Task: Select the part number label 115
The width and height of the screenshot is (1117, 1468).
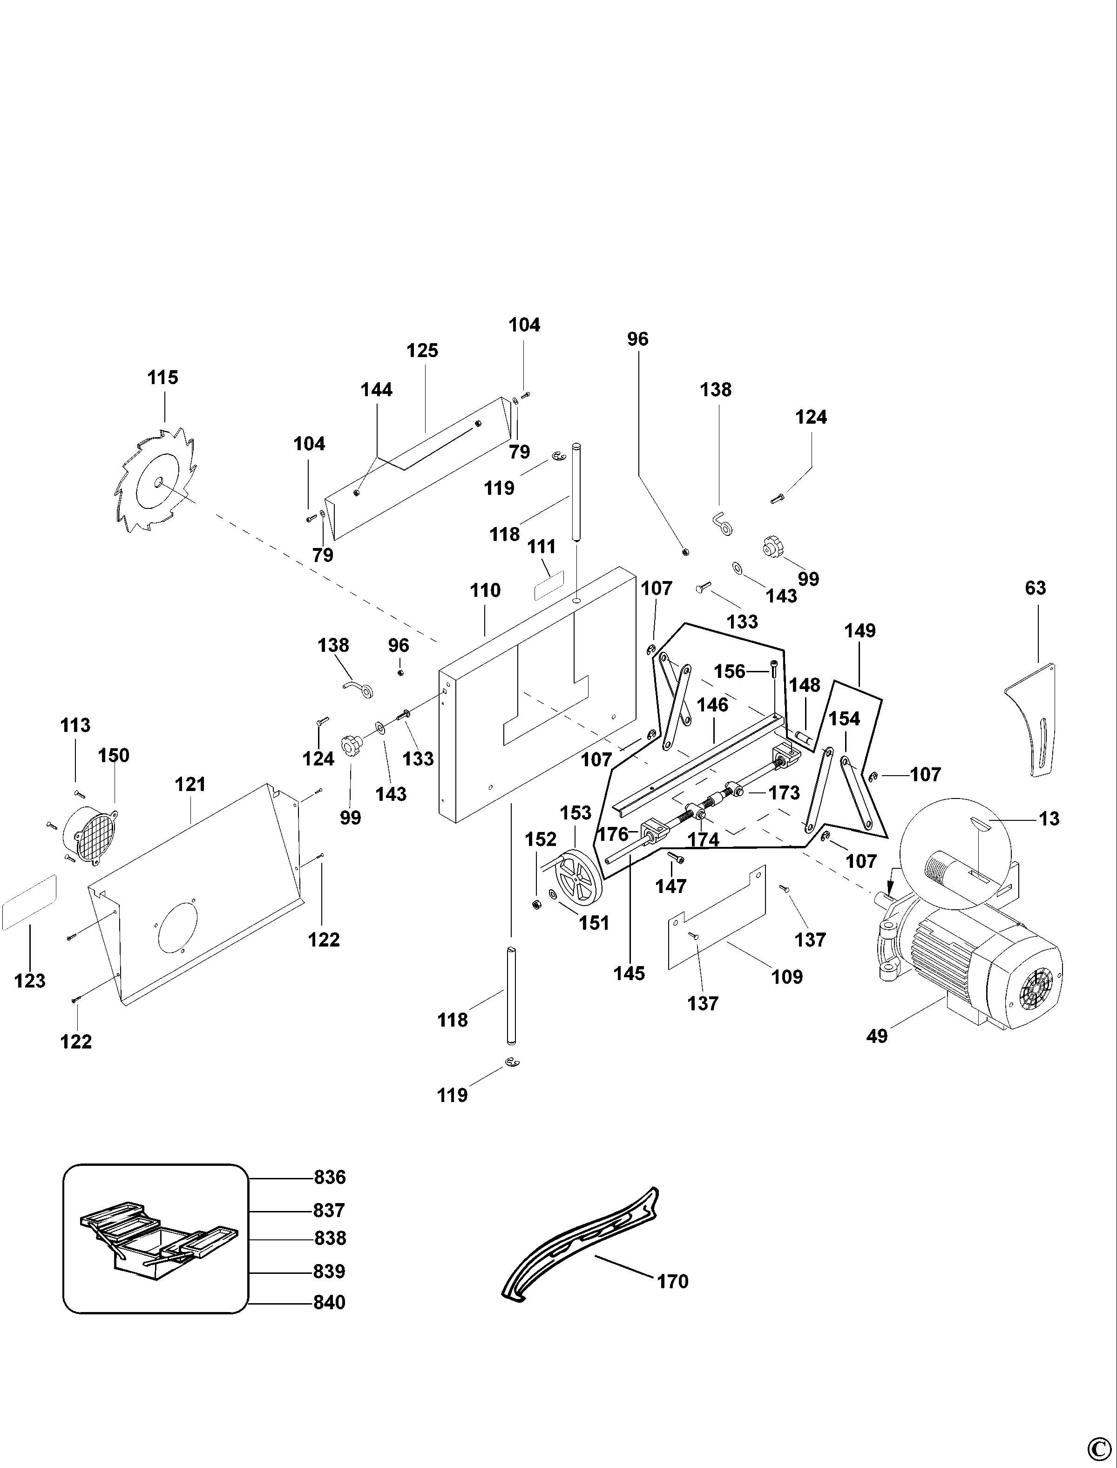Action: (163, 378)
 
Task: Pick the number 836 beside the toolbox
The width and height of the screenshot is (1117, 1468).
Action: (330, 1177)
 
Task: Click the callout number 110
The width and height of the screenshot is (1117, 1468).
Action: (485, 590)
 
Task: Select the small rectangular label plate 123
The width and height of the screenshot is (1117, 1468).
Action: (29, 903)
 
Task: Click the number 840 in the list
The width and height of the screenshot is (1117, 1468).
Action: (330, 1302)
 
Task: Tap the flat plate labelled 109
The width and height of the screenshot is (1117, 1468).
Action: (717, 918)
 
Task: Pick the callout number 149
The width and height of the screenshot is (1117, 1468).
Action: (860, 630)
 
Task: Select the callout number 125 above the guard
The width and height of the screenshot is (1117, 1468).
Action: (422, 351)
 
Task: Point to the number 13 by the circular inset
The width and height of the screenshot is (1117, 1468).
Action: (1049, 819)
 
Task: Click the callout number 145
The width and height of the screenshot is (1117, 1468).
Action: (629, 974)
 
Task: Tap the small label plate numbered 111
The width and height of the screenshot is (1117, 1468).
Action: (549, 584)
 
